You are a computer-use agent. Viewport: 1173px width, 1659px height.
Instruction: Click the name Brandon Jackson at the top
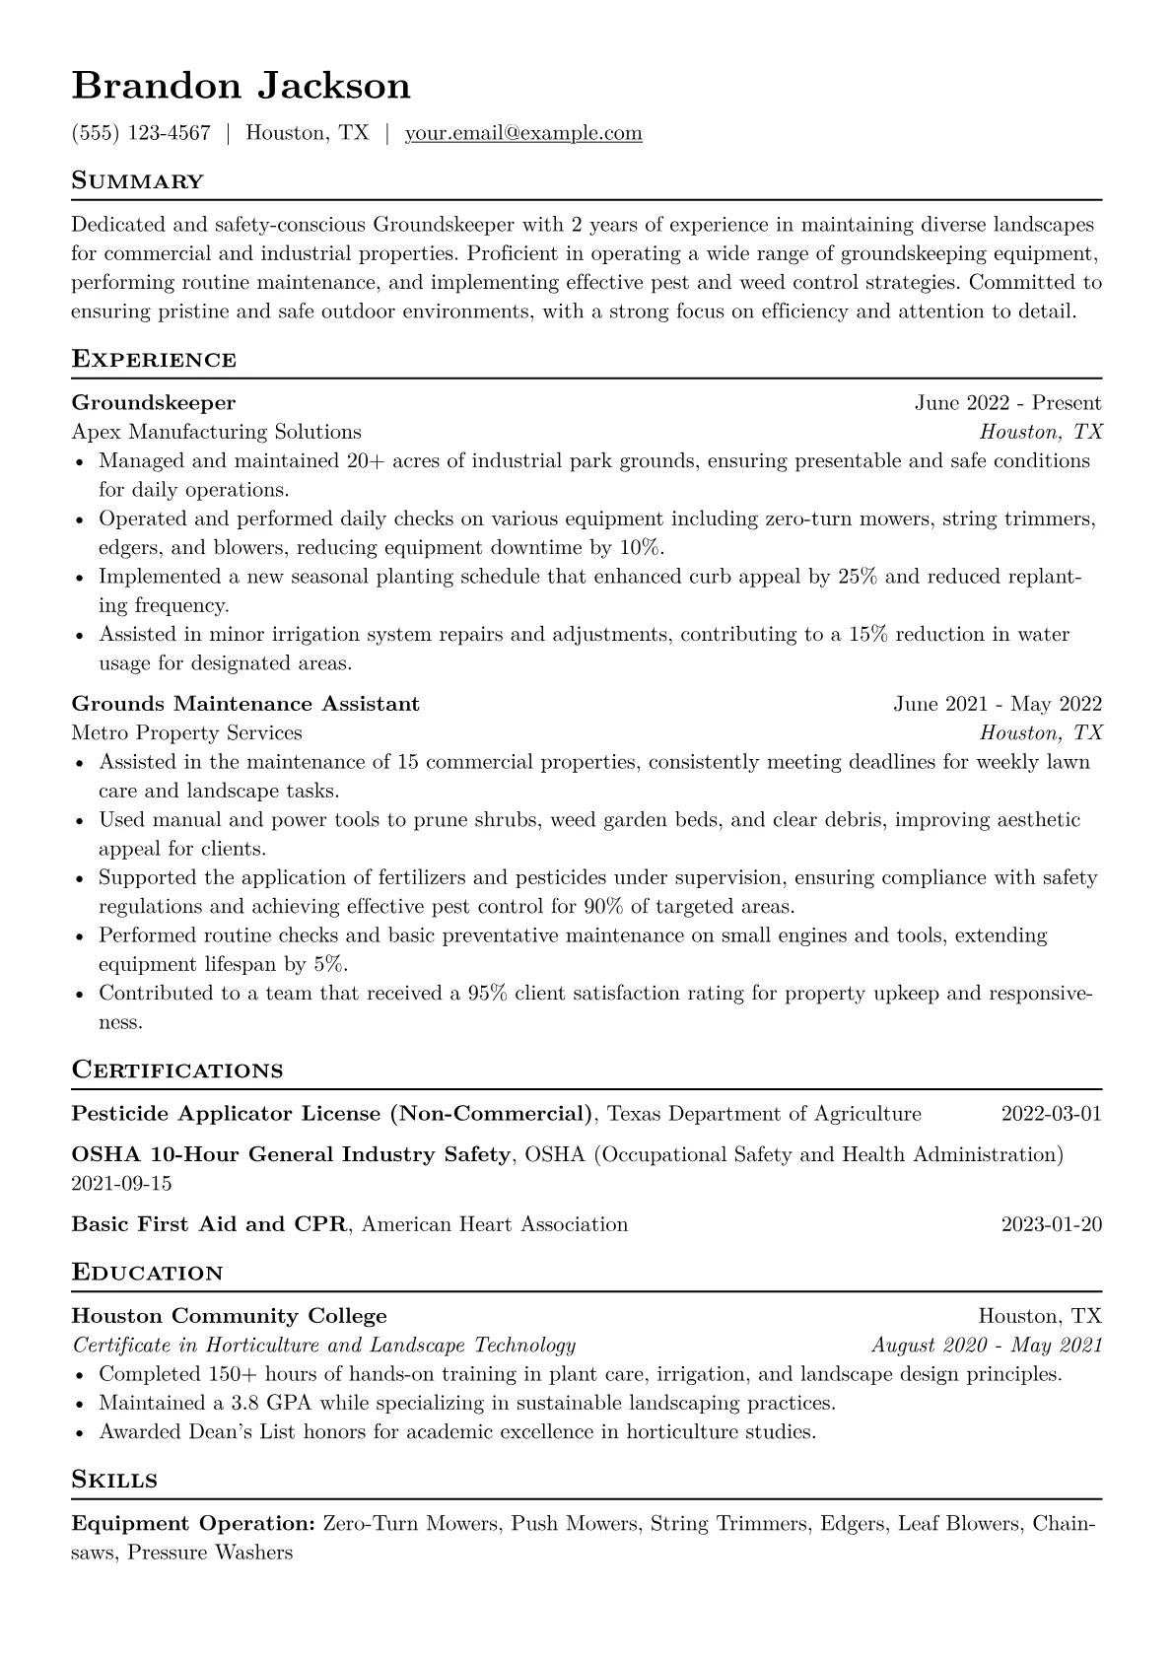click(x=241, y=86)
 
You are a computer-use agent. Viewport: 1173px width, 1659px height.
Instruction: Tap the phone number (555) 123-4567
click(x=141, y=133)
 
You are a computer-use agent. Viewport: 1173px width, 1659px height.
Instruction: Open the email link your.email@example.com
click(x=522, y=133)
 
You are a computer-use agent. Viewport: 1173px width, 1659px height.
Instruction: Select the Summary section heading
click(x=137, y=181)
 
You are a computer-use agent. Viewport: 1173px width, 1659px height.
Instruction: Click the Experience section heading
click(x=154, y=360)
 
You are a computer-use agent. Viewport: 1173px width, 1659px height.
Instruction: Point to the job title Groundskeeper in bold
click(x=153, y=402)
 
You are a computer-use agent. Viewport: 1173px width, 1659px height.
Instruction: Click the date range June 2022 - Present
click(x=1007, y=402)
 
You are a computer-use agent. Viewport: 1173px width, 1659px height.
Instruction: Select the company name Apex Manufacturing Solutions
click(x=216, y=432)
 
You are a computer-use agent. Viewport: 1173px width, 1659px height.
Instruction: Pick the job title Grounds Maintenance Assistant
click(x=245, y=704)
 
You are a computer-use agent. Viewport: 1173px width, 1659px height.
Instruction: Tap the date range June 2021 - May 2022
click(x=998, y=704)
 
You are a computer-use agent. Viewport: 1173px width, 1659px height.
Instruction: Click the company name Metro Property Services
click(x=186, y=733)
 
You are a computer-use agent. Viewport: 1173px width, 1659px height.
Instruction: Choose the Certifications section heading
click(x=177, y=1071)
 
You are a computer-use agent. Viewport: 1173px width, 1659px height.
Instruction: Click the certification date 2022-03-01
click(x=1051, y=1114)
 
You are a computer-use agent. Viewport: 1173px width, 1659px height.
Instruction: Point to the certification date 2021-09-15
click(x=121, y=1183)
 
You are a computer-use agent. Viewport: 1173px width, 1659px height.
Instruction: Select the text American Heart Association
click(x=495, y=1224)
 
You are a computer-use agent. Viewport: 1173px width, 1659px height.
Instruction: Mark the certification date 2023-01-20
click(x=1051, y=1224)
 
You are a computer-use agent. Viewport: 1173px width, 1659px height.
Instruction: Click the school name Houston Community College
click(x=229, y=1316)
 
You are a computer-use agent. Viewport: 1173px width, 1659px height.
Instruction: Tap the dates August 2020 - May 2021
click(x=986, y=1346)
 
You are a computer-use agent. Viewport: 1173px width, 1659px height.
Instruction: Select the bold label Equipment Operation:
click(x=193, y=1524)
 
